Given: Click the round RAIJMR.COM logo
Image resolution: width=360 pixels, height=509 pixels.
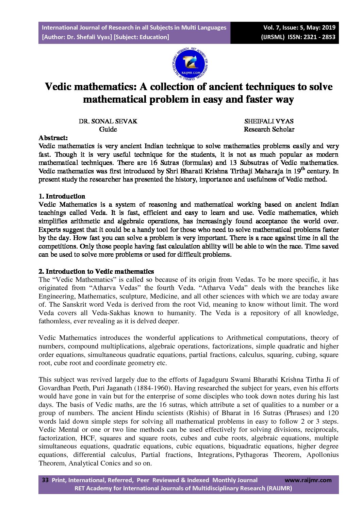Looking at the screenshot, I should click(x=190, y=64).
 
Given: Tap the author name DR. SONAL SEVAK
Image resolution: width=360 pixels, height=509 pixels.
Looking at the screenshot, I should click(x=108, y=121).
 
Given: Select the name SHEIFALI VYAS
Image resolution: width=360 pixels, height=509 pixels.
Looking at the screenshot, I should click(x=269, y=121).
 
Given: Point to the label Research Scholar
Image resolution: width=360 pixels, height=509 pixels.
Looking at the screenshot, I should click(x=269, y=130).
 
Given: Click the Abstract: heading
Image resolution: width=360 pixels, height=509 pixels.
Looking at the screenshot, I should click(x=53, y=138).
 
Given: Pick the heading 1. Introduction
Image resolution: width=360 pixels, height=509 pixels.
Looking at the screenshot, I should click(x=62, y=196).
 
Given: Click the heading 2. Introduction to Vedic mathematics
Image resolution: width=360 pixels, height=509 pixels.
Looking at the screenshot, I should click(x=96, y=271).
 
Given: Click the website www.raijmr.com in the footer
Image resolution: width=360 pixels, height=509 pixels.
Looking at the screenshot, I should click(x=308, y=480).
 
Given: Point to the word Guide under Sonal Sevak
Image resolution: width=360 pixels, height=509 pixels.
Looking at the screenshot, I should click(x=108, y=130).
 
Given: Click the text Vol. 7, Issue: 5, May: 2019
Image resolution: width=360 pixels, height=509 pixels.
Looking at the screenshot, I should click(x=299, y=28).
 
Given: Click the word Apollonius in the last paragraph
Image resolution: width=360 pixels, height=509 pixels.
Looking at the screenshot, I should click(x=322, y=455).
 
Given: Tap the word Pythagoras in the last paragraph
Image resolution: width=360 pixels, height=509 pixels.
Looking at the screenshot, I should click(x=252, y=455).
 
